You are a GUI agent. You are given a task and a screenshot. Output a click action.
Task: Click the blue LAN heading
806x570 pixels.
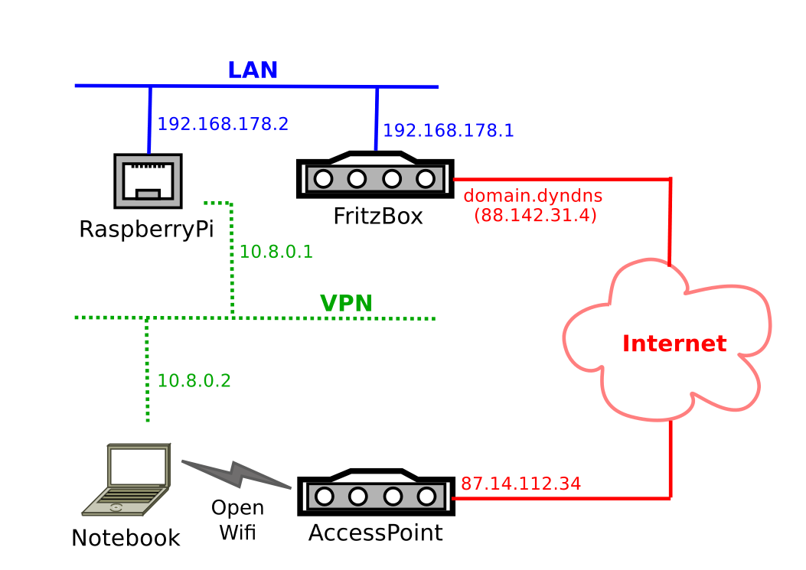[253, 70]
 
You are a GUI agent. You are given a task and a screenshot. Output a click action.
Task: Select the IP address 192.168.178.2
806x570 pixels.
[223, 124]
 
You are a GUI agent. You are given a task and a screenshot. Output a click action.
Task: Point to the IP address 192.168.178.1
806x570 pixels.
[449, 131]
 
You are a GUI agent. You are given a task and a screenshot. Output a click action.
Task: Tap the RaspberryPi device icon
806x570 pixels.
[148, 181]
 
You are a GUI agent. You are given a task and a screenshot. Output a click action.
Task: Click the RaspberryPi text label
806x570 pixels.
[146, 230]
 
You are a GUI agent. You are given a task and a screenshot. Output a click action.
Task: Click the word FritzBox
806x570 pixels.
[378, 217]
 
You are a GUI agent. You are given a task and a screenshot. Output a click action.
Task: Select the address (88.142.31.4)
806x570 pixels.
[535, 215]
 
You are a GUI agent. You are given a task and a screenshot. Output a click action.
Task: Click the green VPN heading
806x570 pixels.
[346, 304]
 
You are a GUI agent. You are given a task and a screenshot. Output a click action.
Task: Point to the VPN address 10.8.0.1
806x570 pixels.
[276, 252]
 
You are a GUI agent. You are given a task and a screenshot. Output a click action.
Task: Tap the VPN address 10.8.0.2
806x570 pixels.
[194, 381]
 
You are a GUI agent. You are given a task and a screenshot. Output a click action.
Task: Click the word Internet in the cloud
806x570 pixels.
[674, 344]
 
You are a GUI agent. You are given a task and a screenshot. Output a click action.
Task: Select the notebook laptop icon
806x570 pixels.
[126, 479]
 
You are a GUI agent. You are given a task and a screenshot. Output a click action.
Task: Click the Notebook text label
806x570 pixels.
[126, 539]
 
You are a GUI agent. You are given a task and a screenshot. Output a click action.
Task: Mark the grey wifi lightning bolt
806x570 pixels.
[237, 474]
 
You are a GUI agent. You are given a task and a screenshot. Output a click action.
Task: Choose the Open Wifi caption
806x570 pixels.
[238, 520]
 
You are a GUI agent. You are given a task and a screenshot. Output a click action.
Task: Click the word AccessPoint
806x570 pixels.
[376, 533]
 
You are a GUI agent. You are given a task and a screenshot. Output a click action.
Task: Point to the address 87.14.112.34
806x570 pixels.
[520, 484]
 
